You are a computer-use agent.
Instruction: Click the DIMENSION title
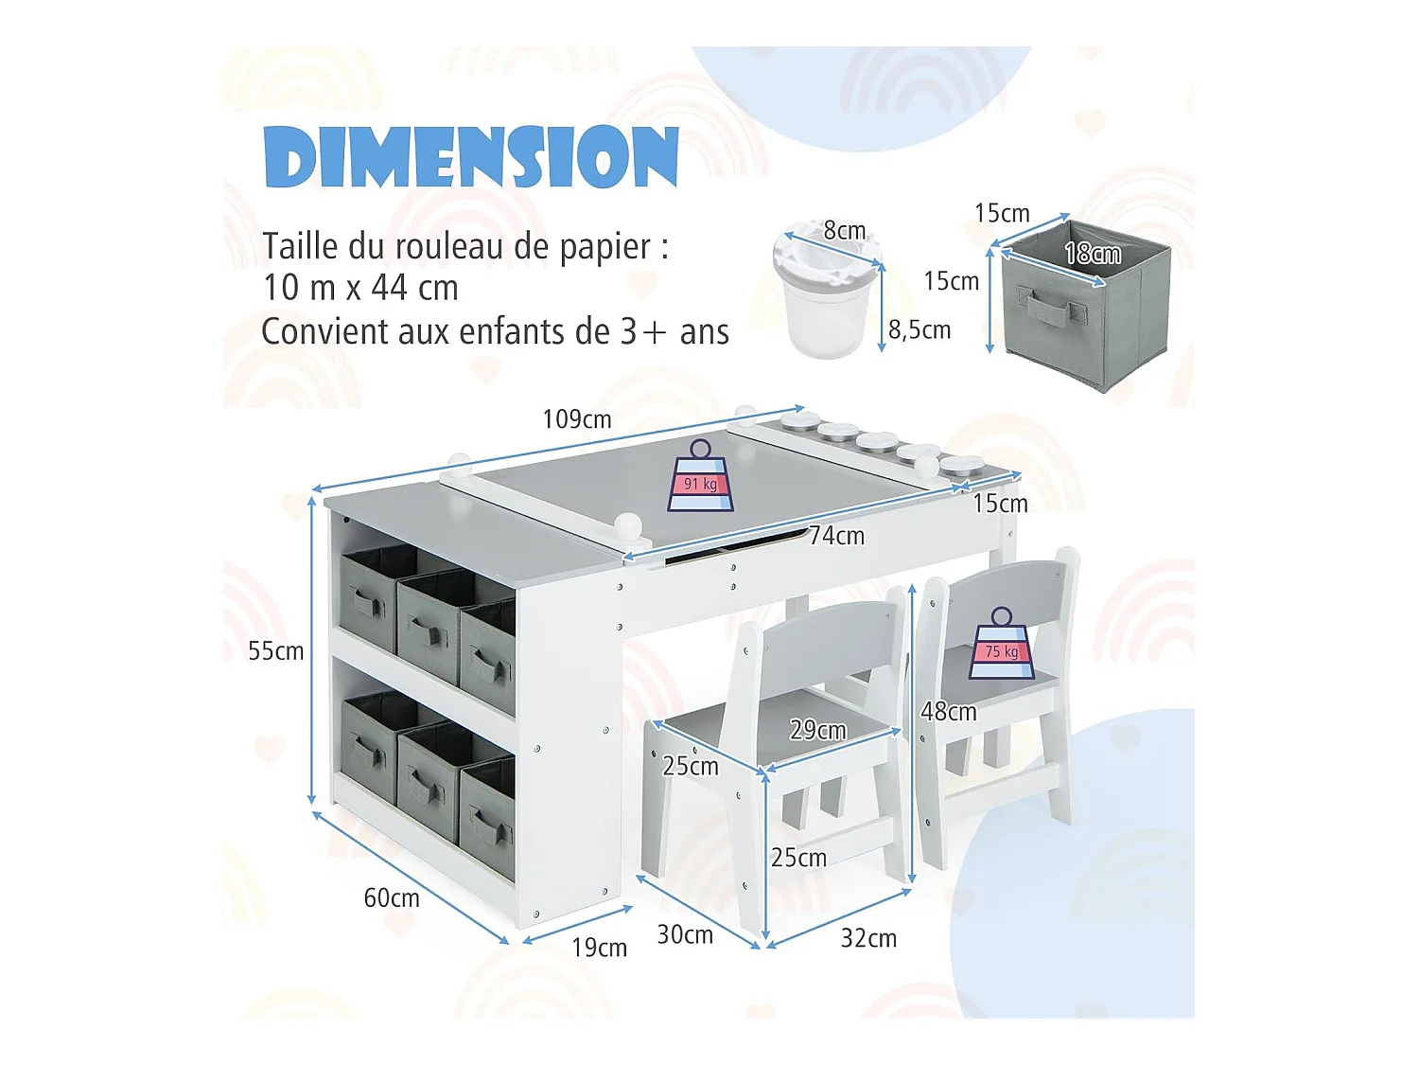point(471,156)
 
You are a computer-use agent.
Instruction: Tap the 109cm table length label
point(576,419)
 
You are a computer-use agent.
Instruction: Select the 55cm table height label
point(275,651)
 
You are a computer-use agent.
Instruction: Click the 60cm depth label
point(391,897)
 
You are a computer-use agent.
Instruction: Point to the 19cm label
point(599,948)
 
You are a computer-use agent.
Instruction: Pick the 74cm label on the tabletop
point(836,536)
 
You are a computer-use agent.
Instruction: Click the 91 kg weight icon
point(700,477)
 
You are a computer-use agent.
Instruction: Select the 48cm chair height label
point(948,712)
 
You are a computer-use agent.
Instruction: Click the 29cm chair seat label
point(817,730)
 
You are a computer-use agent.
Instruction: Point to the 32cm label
point(868,938)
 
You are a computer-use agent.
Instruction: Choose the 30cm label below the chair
point(685,935)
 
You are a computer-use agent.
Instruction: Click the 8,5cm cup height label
point(920,330)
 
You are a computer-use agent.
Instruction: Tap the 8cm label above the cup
point(844,231)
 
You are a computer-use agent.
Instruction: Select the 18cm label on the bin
point(1092,254)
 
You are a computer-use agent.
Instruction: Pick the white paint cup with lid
point(826,293)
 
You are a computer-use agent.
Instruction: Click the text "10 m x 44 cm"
point(360,288)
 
